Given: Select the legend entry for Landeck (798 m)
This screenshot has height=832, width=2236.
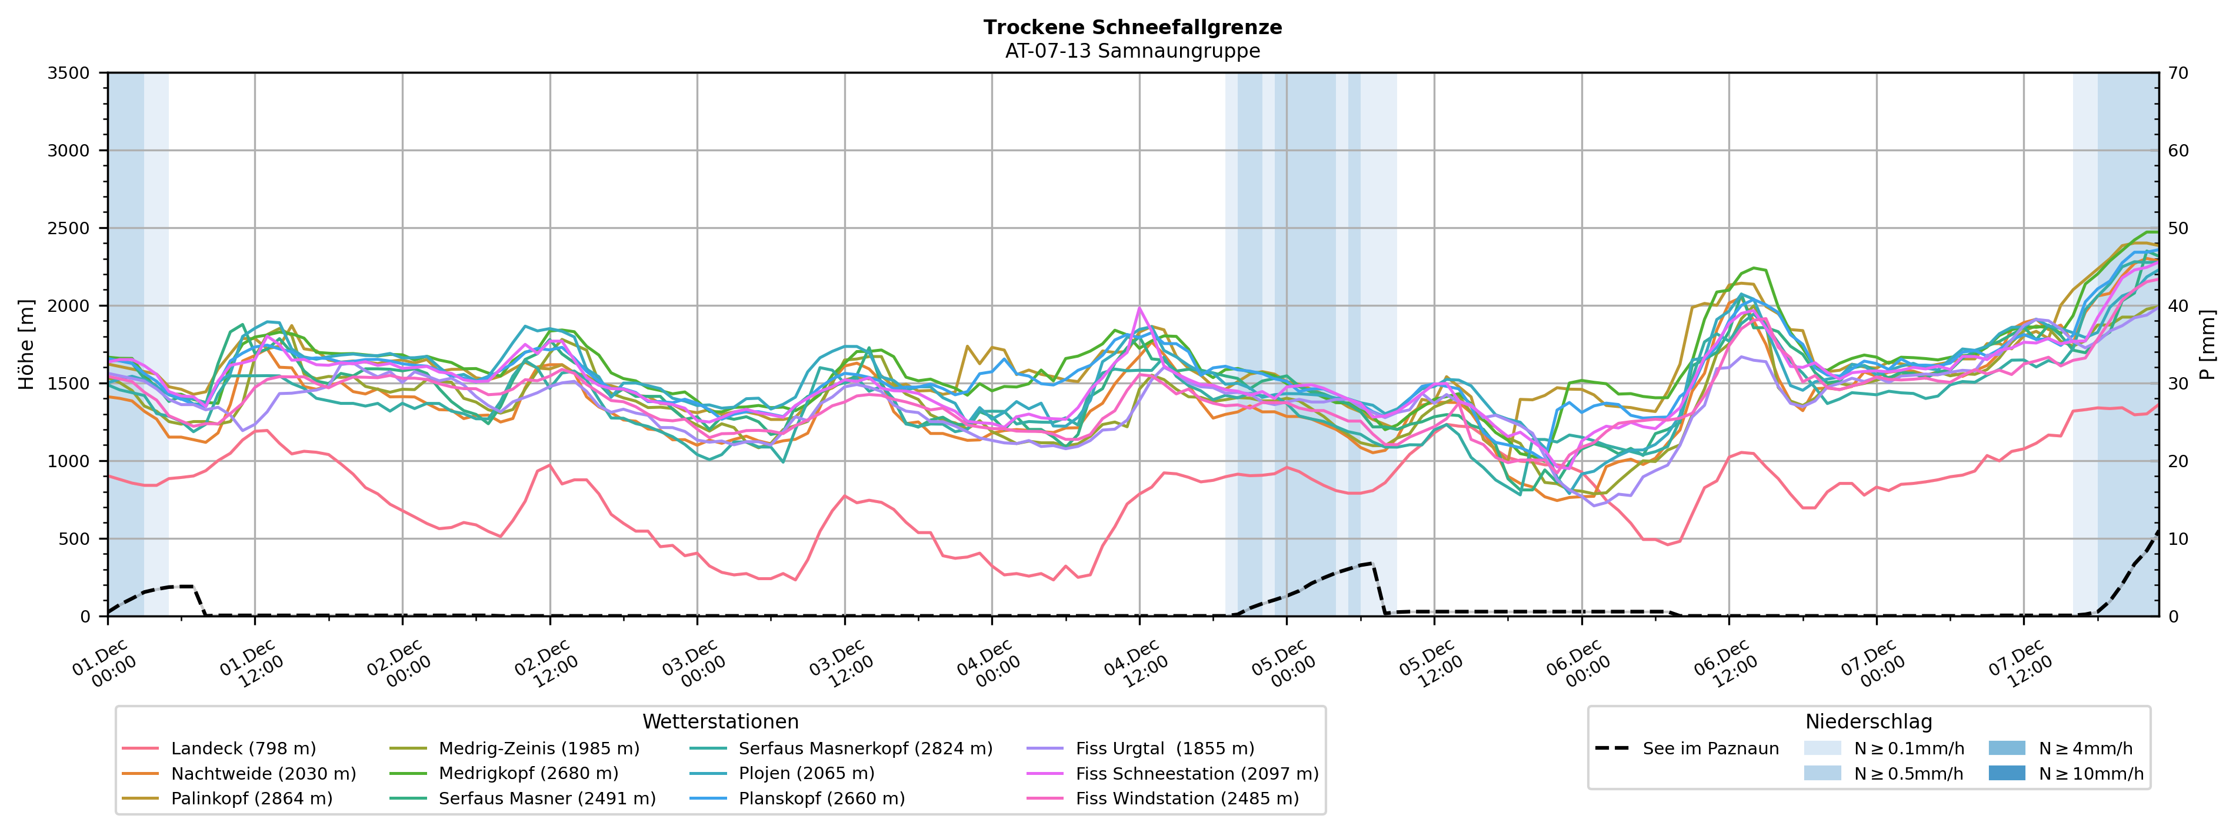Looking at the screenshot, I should click(x=243, y=748).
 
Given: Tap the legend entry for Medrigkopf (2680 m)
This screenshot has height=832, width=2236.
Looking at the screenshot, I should click(x=528, y=773).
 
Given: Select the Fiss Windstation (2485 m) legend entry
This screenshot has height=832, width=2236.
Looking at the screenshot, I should click(x=1187, y=798).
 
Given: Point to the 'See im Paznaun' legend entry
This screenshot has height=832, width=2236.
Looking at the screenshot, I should click(x=1710, y=748).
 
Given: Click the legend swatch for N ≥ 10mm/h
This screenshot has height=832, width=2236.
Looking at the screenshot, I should click(x=2006, y=773).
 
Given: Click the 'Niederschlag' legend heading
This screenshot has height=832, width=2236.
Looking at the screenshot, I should click(x=1868, y=722).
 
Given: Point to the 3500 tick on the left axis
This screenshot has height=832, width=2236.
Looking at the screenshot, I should click(x=69, y=73).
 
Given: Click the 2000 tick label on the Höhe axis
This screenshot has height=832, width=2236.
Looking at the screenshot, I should click(x=69, y=306).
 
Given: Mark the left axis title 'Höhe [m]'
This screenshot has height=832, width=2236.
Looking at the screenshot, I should click(x=26, y=345).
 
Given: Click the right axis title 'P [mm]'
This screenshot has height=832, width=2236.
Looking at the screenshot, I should click(x=2208, y=345).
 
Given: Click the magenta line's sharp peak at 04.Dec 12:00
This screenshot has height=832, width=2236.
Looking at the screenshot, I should click(x=1139, y=308).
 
